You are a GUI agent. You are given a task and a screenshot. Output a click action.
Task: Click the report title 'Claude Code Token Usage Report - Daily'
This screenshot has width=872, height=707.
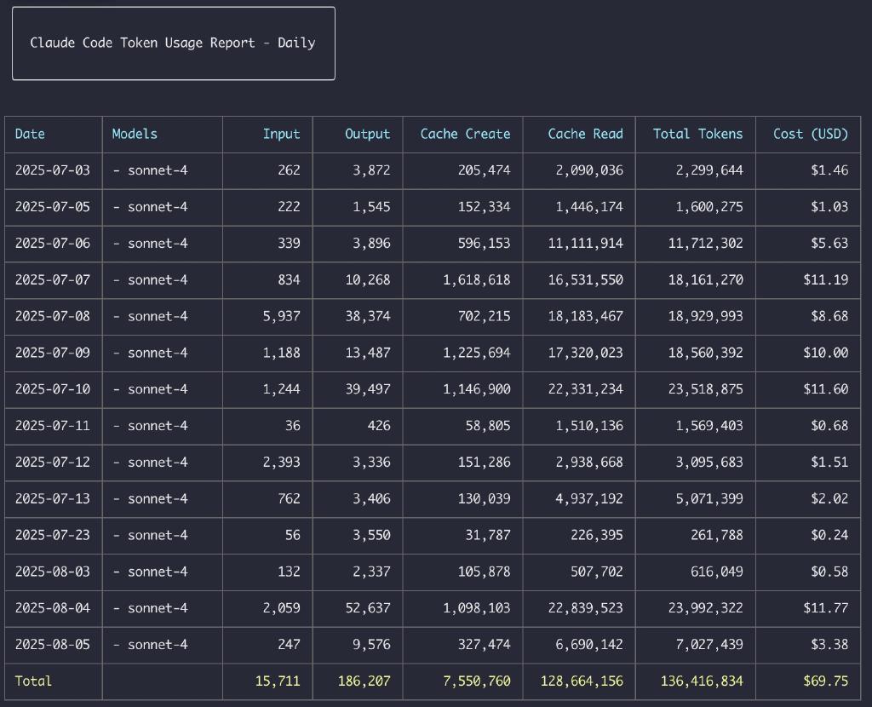pyautogui.click(x=173, y=43)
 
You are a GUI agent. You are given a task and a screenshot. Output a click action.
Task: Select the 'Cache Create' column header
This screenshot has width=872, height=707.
pyautogui.click(x=465, y=134)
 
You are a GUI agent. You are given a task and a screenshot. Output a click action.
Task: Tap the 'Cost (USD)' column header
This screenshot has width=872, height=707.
pyautogui.click(x=810, y=134)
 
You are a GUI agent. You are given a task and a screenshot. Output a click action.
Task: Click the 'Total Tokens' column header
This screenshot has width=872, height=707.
pyautogui.click(x=697, y=134)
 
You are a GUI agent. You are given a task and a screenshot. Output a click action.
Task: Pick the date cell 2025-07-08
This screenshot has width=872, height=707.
pyautogui.click(x=52, y=316)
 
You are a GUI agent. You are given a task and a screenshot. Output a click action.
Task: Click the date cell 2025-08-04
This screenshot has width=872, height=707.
pyautogui.click(x=52, y=608)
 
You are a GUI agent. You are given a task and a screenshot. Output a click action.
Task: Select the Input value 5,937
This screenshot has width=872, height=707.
pyautogui.click(x=281, y=316)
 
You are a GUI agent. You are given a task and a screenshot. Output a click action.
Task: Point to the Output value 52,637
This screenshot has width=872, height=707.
pyautogui.click(x=368, y=608)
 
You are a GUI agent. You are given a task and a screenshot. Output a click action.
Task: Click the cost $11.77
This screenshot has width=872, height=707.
pyautogui.click(x=825, y=608)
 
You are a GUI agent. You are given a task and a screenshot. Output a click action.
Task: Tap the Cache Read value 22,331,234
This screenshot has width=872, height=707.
pyautogui.click(x=585, y=389)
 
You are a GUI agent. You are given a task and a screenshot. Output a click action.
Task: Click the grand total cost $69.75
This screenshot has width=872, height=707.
pyautogui.click(x=825, y=681)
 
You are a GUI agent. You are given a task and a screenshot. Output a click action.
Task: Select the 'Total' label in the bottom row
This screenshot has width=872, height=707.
pyautogui.click(x=33, y=681)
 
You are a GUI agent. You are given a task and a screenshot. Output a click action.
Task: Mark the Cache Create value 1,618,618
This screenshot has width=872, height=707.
pyautogui.click(x=476, y=279)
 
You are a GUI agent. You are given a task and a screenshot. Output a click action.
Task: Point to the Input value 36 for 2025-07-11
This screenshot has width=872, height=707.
pyautogui.click(x=292, y=426)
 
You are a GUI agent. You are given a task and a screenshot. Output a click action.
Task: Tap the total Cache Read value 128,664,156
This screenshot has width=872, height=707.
pyautogui.click(x=582, y=681)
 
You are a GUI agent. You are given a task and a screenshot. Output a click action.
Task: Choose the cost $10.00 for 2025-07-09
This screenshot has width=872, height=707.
pyautogui.click(x=825, y=353)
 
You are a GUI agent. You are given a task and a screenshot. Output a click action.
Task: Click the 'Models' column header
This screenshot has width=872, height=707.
pyautogui.click(x=135, y=134)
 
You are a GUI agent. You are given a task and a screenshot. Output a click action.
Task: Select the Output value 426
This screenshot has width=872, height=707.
pyautogui.click(x=379, y=426)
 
